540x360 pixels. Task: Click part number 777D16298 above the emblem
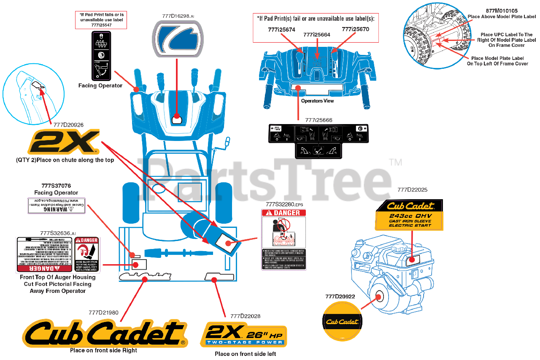(x=178, y=16)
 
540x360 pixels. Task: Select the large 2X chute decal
(x=64, y=142)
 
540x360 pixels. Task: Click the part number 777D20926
(x=68, y=125)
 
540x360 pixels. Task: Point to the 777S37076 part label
(x=56, y=185)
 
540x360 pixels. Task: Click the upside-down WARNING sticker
(x=56, y=206)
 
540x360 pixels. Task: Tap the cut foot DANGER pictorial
(x=87, y=254)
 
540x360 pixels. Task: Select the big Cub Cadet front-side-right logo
(x=104, y=333)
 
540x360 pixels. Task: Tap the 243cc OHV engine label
(x=409, y=215)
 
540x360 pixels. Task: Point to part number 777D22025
(x=412, y=189)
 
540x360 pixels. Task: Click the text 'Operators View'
(x=317, y=101)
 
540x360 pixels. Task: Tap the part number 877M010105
(x=501, y=11)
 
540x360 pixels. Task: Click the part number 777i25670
(x=355, y=30)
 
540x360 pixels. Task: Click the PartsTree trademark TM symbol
(x=395, y=162)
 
